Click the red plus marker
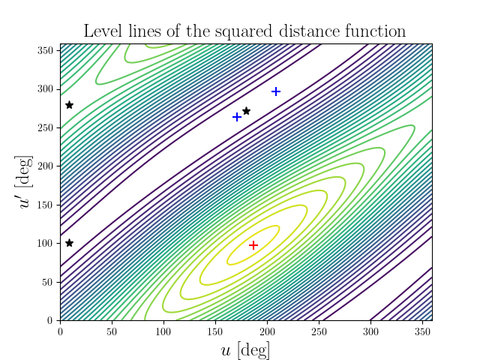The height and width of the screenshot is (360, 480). [x=253, y=245]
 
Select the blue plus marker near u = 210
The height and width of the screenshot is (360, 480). [x=276, y=91]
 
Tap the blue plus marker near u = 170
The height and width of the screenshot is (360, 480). [x=237, y=117]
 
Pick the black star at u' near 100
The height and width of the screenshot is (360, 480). [x=70, y=243]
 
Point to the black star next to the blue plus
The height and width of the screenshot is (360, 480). [x=246, y=111]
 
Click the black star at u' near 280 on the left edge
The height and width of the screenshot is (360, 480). [x=70, y=105]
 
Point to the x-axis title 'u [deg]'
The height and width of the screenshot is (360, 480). [x=246, y=349]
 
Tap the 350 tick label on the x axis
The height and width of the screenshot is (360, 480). [x=421, y=331]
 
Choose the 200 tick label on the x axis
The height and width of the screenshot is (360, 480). [x=267, y=331]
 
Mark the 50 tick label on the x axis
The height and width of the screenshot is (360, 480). [x=112, y=331]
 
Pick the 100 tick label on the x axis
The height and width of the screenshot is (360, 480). [x=163, y=331]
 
